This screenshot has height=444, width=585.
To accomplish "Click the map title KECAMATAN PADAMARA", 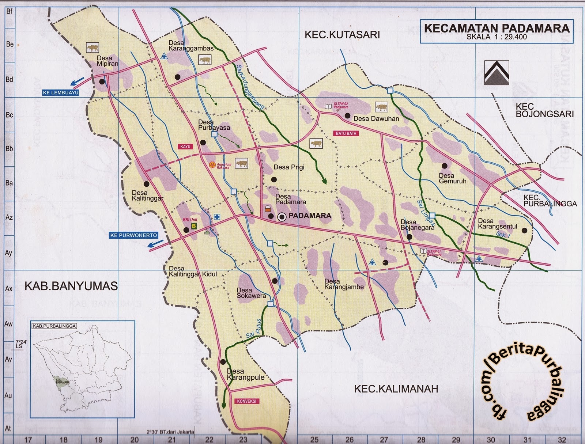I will (x=497, y=28).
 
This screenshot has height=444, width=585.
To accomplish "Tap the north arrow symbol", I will (x=496, y=73).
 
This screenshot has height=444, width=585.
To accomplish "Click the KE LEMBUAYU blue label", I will (x=61, y=93).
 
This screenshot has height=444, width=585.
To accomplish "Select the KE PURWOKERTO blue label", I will (x=133, y=235).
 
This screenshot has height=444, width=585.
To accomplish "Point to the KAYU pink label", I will (x=185, y=147).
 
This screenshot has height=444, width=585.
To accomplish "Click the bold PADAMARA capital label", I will (x=310, y=216).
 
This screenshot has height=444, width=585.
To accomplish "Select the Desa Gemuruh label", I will (x=452, y=178).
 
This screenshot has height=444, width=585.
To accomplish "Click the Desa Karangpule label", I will (x=245, y=375).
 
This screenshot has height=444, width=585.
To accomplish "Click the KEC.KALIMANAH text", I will (x=396, y=389).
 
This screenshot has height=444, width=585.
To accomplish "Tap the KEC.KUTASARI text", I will (x=342, y=35).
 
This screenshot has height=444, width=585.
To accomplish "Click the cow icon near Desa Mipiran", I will (x=93, y=48).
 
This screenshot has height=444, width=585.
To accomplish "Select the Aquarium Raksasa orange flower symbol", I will (x=212, y=165).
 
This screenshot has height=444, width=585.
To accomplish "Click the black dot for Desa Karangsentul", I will (x=525, y=231).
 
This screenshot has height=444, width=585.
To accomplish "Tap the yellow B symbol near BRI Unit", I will (x=194, y=226).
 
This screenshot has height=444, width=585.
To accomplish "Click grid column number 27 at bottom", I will (x=384, y=440).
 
